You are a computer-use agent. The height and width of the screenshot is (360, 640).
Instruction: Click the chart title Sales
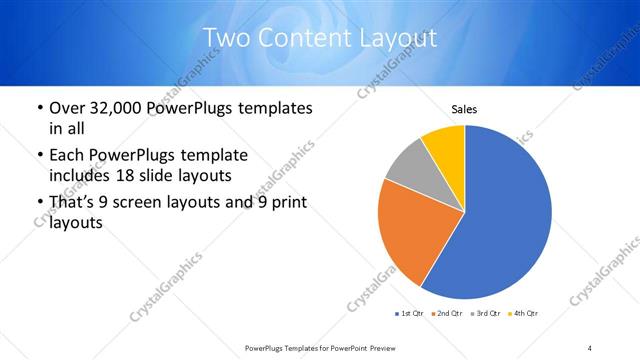point(464,108)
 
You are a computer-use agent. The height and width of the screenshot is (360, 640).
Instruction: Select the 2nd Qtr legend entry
point(446,314)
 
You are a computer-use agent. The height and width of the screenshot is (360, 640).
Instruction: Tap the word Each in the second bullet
point(67,155)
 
